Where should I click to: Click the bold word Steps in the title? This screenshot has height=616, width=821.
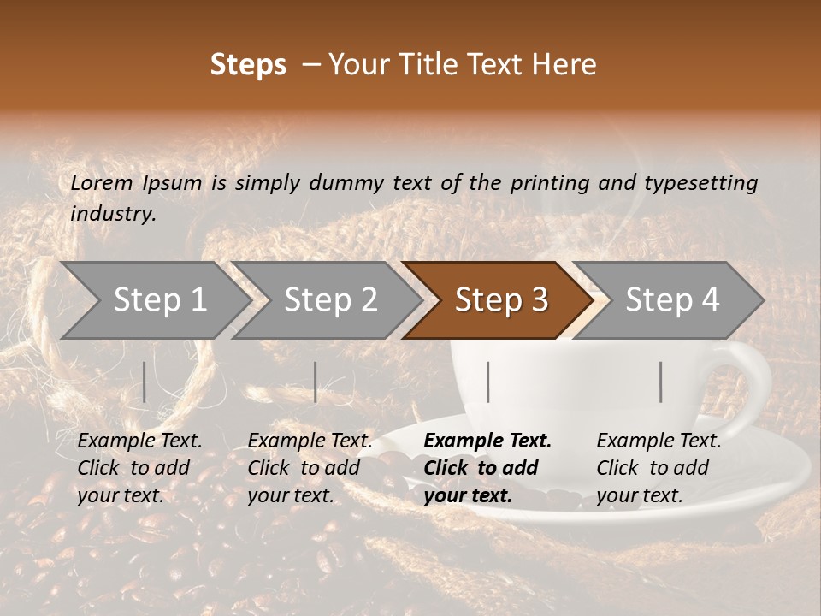point(248,65)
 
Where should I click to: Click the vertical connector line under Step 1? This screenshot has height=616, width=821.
point(145,382)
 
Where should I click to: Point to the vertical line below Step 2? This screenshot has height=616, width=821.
point(316,382)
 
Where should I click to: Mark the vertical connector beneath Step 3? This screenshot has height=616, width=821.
point(488,382)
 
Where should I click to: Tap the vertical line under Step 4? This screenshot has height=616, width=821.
point(661,382)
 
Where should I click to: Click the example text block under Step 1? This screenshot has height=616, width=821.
point(139,468)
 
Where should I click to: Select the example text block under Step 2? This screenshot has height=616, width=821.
point(310,468)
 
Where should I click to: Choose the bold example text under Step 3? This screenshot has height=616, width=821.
point(487,468)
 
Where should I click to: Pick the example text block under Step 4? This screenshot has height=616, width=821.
point(659,468)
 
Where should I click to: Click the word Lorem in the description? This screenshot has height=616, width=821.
point(102,182)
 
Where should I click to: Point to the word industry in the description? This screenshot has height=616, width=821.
point(113,214)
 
